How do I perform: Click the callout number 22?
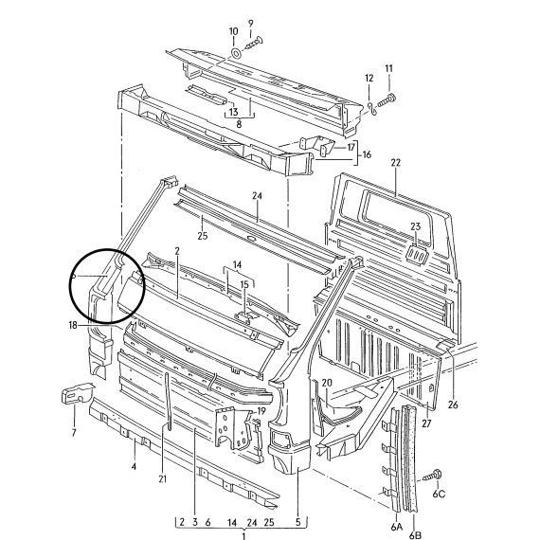[x=396, y=163]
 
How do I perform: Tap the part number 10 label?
[x=233, y=31]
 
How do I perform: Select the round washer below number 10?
[x=236, y=53]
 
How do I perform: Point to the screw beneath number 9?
[x=254, y=43]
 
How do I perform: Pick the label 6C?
[x=439, y=494]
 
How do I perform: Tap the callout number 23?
[x=416, y=226]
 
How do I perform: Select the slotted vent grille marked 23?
[x=417, y=256]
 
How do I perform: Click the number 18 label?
[x=73, y=325]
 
